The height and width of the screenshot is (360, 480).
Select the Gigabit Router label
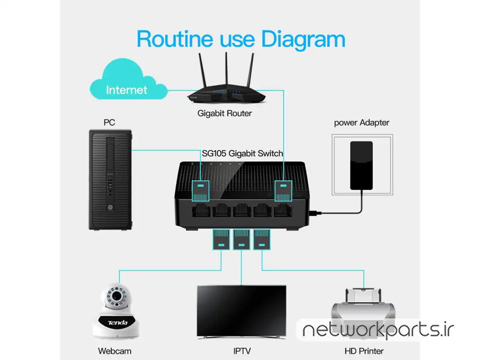(224, 113)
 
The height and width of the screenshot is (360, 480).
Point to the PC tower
(110, 180)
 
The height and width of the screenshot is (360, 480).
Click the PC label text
(109, 123)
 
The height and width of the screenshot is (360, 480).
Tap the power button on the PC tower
(110, 207)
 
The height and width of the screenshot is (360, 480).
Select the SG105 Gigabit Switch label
(242, 153)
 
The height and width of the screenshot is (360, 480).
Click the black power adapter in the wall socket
(361, 165)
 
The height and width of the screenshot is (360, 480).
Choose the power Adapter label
(361, 123)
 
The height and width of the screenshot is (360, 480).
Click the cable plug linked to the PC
(201, 191)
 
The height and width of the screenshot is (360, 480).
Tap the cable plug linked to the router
(283, 191)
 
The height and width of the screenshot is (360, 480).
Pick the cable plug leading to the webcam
(221, 240)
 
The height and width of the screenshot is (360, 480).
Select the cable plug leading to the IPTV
(241, 240)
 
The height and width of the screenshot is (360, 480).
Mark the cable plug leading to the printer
(262, 240)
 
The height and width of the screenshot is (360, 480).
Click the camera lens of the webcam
(117, 296)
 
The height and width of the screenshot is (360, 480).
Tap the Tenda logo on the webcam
(118, 322)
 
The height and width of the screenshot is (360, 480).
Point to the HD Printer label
(364, 351)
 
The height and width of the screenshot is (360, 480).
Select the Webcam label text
(114, 351)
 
